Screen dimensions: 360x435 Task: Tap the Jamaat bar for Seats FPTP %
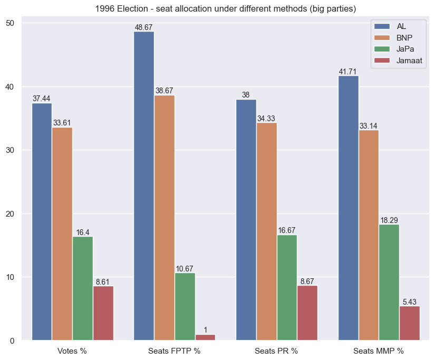click(205, 337)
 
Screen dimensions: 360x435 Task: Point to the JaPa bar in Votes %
click(83, 288)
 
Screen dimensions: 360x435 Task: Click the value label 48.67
click(144, 27)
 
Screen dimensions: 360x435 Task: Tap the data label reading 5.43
click(410, 302)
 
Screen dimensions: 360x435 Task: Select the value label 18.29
click(389, 220)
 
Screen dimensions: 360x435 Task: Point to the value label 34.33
click(266, 119)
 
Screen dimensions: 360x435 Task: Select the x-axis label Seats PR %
click(276, 351)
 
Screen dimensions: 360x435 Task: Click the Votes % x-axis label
click(72, 351)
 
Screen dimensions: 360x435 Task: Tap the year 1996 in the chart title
click(104, 9)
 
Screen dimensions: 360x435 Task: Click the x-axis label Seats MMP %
click(379, 351)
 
